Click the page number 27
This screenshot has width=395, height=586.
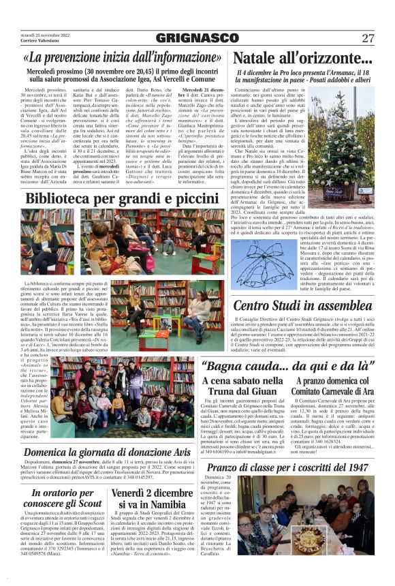pyautogui.click(x=367, y=38)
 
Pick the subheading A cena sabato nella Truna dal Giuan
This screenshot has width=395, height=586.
pyautogui.click(x=244, y=386)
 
